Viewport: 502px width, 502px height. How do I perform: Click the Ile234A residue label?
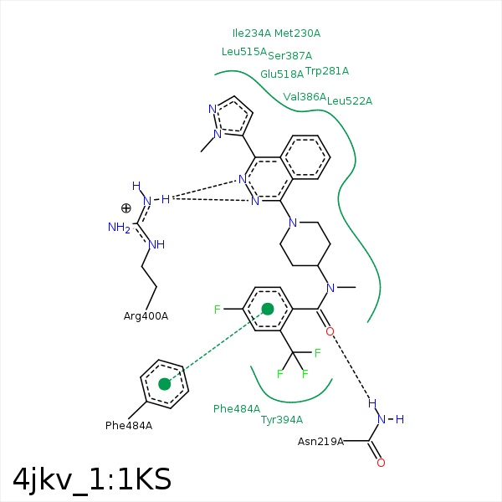point(252,33)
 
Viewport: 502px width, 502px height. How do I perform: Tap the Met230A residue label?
point(298,33)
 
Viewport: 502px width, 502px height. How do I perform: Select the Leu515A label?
point(243,52)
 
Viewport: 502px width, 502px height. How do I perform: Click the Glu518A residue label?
point(282,74)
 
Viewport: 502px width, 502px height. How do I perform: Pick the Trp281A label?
point(327,71)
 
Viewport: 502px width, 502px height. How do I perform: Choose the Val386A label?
point(305,97)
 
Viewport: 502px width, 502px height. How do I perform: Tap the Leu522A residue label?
point(350,101)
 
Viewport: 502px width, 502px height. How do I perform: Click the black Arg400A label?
point(146,316)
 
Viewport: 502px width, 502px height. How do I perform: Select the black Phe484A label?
point(129,426)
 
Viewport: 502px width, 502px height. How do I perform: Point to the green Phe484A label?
point(237,409)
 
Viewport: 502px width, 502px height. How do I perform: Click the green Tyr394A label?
point(282,420)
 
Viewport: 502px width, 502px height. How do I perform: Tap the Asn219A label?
point(321,442)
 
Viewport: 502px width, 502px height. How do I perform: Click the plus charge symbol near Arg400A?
point(126,208)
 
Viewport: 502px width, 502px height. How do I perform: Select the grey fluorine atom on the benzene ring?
point(217,310)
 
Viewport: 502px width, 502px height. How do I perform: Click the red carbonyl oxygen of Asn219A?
point(381,463)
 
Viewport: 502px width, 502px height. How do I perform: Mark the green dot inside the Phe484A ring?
point(165,384)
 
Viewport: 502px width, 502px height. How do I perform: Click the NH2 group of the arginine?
point(120,227)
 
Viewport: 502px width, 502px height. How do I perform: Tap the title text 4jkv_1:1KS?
point(92,479)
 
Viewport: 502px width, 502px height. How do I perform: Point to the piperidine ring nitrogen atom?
point(292,223)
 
